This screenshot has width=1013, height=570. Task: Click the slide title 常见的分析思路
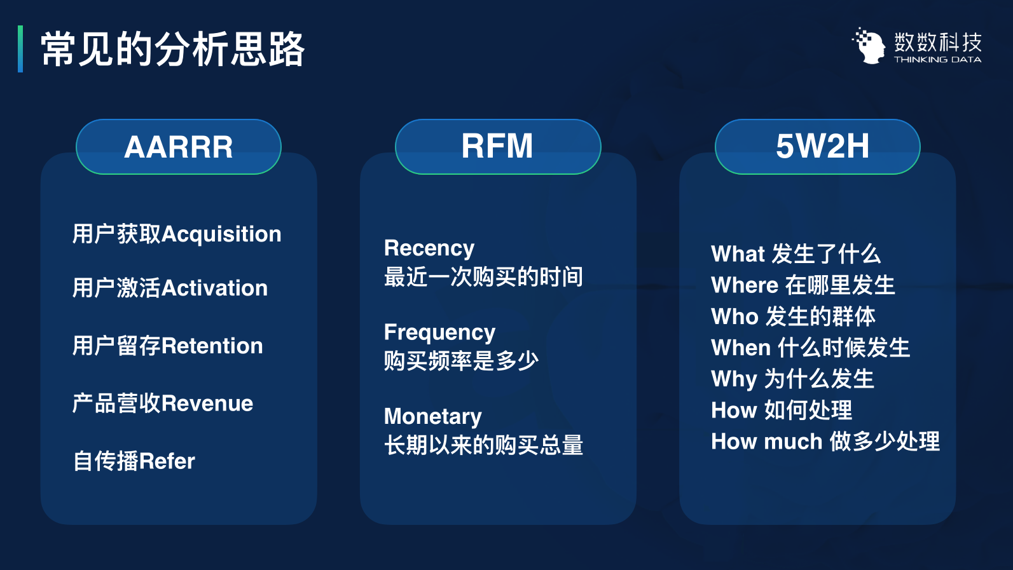pyautogui.click(x=173, y=50)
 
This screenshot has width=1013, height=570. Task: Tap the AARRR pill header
pyautogui.click(x=179, y=146)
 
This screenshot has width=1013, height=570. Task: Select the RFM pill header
pyautogui.click(x=498, y=146)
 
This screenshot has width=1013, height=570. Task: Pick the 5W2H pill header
pyautogui.click(x=818, y=146)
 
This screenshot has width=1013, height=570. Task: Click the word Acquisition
pyautogui.click(x=221, y=234)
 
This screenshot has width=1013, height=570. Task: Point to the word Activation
pyautogui.click(x=214, y=288)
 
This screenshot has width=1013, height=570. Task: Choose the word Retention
pyautogui.click(x=212, y=346)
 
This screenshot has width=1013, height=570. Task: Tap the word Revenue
pyautogui.click(x=207, y=404)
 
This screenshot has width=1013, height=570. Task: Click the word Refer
pyautogui.click(x=167, y=461)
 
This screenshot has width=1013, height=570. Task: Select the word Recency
pyautogui.click(x=429, y=248)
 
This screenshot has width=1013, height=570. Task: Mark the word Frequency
pyautogui.click(x=439, y=333)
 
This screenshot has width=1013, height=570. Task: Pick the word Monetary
pyautogui.click(x=433, y=417)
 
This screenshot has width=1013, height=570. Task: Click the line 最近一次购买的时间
pyautogui.click(x=483, y=276)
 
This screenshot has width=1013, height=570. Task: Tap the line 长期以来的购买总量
pyautogui.click(x=483, y=445)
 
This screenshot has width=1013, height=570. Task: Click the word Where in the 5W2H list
pyautogui.click(x=745, y=285)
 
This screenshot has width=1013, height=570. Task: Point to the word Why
pyautogui.click(x=734, y=379)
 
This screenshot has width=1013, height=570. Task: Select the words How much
pyautogui.click(x=766, y=441)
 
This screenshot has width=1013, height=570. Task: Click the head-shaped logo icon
pyautogui.click(x=869, y=46)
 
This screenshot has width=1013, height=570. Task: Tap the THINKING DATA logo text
pyautogui.click(x=937, y=60)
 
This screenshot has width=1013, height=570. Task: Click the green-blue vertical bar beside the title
pyautogui.click(x=20, y=49)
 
